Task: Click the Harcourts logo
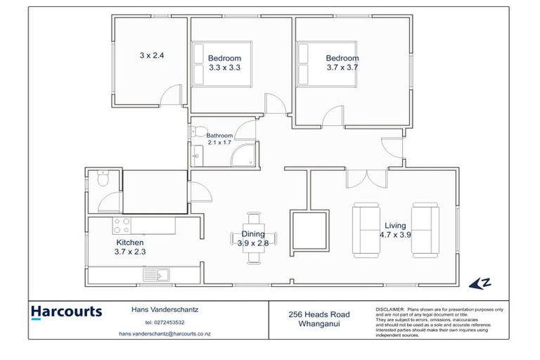coord(66,312)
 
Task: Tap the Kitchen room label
coord(130,242)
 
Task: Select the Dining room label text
coord(253,234)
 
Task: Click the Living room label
coord(396,225)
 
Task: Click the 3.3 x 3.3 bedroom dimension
coord(225,68)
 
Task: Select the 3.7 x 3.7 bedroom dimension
coord(342,68)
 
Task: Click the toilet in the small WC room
coord(103,179)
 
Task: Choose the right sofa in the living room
coord(425,229)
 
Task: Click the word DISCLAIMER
coord(390,309)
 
